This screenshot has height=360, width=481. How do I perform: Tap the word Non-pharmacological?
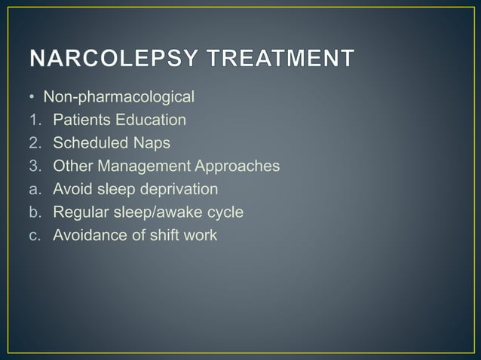point(118,96)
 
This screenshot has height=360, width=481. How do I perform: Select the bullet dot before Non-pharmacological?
point(34,97)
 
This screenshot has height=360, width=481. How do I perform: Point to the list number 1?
point(35,120)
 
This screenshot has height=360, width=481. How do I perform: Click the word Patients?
point(79,120)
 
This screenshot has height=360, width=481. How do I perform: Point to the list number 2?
point(35,143)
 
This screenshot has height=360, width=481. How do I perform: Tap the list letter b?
point(35,212)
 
